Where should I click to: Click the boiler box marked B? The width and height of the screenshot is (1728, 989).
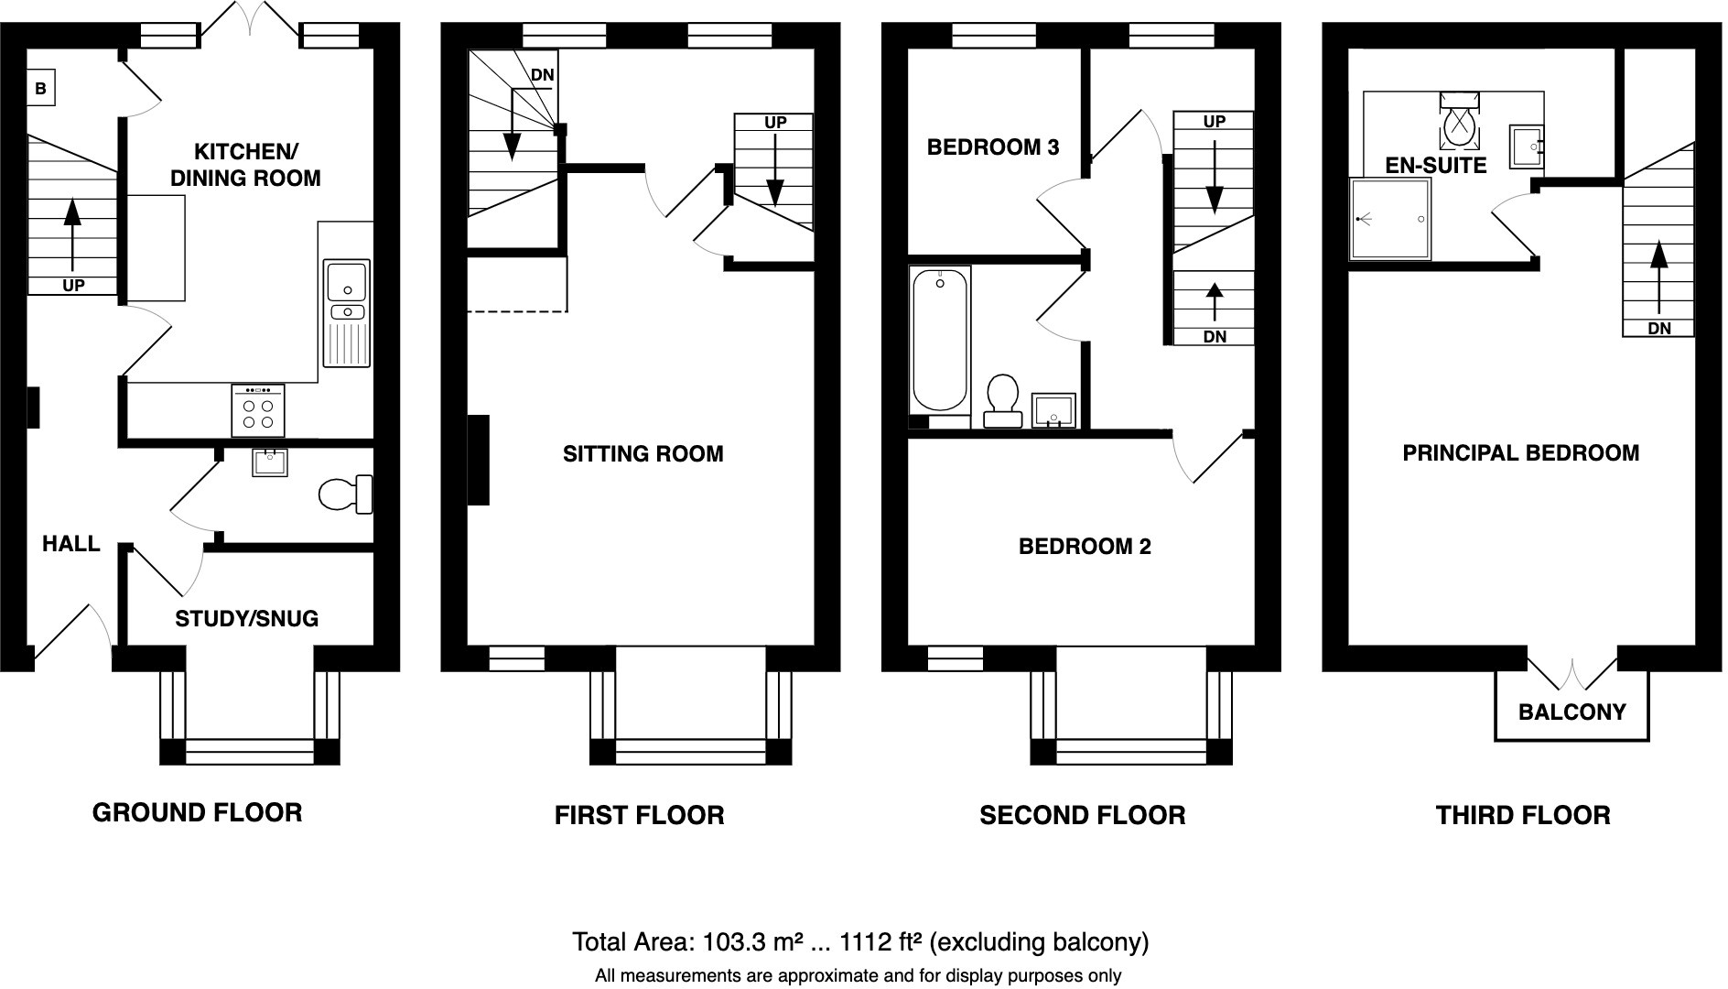(x=40, y=89)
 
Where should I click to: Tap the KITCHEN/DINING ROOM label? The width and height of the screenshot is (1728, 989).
(x=245, y=165)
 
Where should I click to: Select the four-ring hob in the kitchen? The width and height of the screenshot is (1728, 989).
(x=257, y=408)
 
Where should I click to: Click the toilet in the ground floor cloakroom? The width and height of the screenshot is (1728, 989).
(x=345, y=494)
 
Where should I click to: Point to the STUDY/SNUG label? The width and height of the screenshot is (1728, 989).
(x=247, y=619)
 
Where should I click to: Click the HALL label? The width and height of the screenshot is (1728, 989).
(x=71, y=544)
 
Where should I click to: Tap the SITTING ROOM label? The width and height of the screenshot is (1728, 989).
(x=643, y=454)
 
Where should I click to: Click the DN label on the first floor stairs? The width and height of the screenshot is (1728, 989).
(x=543, y=74)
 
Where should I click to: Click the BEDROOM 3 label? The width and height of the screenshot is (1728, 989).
(x=993, y=147)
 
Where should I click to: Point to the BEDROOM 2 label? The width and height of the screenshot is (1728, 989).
(x=1085, y=547)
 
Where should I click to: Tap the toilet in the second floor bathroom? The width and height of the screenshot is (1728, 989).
(x=1003, y=401)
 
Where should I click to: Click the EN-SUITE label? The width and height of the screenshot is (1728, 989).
(x=1436, y=166)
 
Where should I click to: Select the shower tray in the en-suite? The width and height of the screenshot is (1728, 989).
(x=1390, y=219)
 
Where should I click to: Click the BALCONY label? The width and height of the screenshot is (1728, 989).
(x=1572, y=712)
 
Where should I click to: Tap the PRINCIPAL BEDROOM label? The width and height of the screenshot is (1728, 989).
(x=1521, y=452)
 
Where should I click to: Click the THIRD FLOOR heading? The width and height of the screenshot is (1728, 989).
(x=1523, y=815)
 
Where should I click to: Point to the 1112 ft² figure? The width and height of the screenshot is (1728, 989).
(x=880, y=941)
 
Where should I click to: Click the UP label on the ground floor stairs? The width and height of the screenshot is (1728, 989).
(x=73, y=286)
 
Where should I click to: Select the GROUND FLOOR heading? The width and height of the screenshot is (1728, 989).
(x=198, y=812)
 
